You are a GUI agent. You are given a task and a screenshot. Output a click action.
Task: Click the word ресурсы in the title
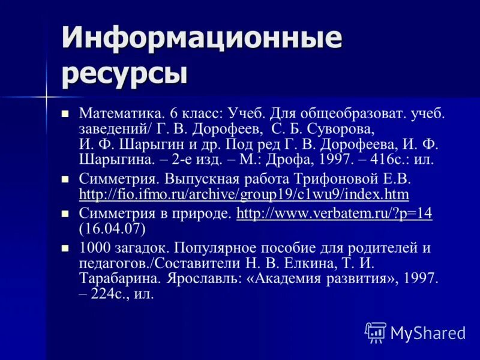click(124, 74)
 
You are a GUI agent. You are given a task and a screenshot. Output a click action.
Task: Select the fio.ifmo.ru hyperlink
click(244, 194)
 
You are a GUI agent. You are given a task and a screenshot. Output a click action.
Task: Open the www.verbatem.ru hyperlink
click(334, 213)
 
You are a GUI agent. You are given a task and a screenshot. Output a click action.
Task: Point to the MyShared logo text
click(427, 332)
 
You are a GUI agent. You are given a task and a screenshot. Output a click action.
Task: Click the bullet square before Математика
click(66, 113)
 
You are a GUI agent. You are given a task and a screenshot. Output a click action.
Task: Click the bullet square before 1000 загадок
click(66, 247)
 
